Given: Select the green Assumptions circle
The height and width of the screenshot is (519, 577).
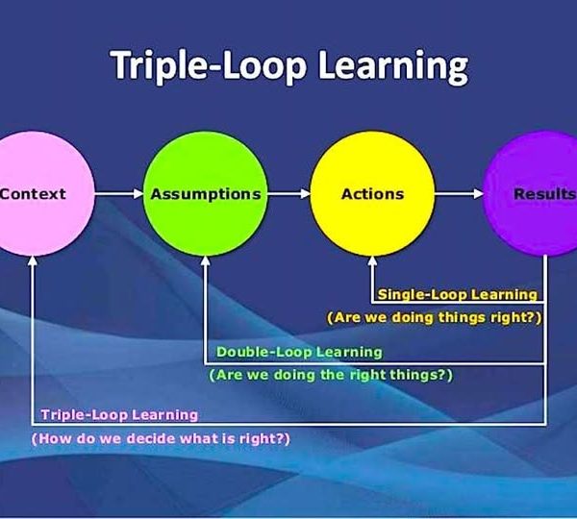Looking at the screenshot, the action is coord(206,193).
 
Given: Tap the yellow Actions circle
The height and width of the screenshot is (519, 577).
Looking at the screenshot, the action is coord(373,193).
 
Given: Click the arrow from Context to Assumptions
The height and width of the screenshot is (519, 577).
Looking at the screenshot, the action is coord(119,193).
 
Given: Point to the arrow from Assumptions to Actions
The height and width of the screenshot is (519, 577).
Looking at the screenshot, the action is coord(289,193).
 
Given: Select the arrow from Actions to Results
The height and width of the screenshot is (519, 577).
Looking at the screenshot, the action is coord(460,193).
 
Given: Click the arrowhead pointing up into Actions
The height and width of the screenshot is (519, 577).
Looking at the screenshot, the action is coord(372,260).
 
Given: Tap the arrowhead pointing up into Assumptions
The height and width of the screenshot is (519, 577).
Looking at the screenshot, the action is coord(206,260).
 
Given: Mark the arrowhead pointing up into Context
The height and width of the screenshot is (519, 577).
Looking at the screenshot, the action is coord(33,260).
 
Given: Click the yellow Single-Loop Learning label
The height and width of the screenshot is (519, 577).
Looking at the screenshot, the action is coord(458,295).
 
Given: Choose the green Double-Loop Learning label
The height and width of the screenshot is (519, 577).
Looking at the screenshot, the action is coord(299,352).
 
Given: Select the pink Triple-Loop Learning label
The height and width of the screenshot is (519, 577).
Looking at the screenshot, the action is coord(119,415).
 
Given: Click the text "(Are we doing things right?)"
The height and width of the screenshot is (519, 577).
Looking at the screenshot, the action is coord(435,317).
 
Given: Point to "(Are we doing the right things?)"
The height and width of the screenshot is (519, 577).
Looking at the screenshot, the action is coord(331,375).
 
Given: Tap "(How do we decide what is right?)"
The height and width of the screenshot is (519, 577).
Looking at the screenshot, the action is coord(161,438).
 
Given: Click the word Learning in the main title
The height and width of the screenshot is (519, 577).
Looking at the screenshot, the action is coord(393,66).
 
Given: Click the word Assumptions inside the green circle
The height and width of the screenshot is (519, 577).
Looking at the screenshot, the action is coord(206,194).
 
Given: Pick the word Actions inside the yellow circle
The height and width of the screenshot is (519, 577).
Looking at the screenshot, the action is coord(373,194).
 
